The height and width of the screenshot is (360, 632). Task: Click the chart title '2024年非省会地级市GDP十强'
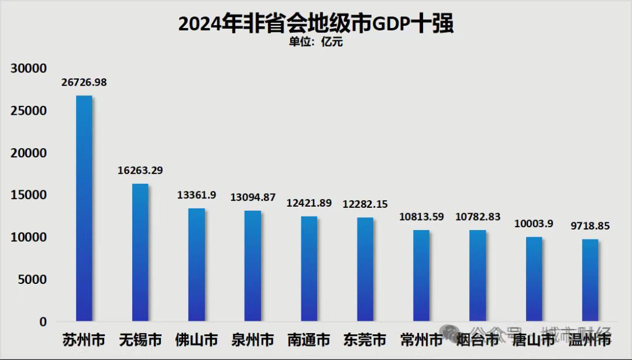316,23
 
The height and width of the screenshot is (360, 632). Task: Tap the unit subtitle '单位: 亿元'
316,42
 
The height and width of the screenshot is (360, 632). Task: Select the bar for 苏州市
84,208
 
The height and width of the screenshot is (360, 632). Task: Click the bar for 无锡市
140,252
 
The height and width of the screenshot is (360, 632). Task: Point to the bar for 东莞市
365,269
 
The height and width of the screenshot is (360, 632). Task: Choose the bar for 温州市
590,280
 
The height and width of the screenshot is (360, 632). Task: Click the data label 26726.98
84,83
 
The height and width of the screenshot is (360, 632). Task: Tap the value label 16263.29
140,171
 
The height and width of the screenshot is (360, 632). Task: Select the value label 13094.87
253,197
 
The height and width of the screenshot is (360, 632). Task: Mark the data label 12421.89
309,203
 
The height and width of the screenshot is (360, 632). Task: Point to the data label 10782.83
478,217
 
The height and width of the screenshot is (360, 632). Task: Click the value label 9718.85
590,226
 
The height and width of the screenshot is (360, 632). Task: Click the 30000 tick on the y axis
29,68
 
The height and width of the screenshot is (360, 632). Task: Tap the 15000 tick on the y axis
29,195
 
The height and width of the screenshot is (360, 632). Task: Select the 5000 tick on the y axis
32,280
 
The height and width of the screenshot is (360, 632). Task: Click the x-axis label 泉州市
253,340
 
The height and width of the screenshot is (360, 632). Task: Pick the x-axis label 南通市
309,340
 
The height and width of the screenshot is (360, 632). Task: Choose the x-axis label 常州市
421,340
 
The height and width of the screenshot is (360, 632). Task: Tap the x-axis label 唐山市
534,340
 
